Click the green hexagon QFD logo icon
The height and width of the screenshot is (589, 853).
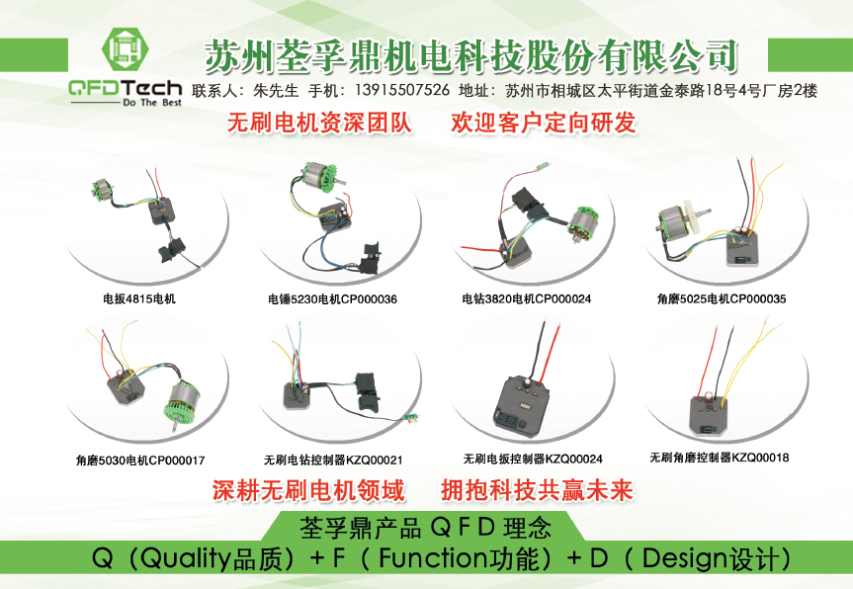[x=126, y=50]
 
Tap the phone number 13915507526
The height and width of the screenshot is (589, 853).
[x=402, y=90]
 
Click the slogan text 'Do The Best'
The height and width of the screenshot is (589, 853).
[x=152, y=102]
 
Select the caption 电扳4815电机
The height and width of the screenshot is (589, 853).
[x=139, y=298]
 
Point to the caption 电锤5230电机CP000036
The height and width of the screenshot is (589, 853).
[x=332, y=299]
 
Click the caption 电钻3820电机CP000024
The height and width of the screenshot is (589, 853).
[x=527, y=298]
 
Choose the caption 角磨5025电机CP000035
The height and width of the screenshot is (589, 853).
[x=722, y=298]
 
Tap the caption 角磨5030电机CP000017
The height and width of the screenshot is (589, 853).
[x=140, y=461]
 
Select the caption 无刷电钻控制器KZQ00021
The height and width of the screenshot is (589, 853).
[x=333, y=461]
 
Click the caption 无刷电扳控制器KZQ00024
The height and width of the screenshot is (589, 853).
[x=533, y=459]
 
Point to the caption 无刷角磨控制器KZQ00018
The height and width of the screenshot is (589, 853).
[x=720, y=458]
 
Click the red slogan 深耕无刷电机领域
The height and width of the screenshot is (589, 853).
[x=308, y=490]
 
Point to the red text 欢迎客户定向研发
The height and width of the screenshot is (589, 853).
[x=544, y=123]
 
